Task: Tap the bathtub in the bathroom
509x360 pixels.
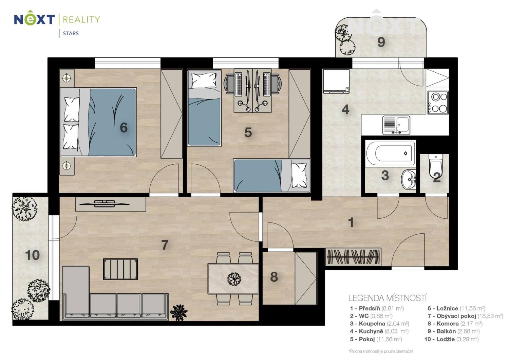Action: point(390,154)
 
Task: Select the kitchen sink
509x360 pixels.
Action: point(396,125)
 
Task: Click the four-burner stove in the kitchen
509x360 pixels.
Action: point(438,103)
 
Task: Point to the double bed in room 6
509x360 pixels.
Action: point(98,122)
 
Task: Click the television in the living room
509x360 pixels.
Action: point(105,203)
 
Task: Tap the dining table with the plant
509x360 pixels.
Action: point(233,278)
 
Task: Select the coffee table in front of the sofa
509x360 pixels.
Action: point(120,269)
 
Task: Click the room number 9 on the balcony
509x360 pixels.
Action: point(381,42)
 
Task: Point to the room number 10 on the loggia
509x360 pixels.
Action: point(32,255)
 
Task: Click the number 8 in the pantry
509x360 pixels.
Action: point(274,277)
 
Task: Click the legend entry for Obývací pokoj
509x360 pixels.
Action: point(465,316)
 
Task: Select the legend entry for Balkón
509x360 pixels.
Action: point(454,331)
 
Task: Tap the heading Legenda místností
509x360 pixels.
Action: point(388,298)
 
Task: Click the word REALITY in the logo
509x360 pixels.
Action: point(81,20)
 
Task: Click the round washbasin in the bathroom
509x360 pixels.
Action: point(408,179)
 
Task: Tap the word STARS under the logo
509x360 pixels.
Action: point(71,33)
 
